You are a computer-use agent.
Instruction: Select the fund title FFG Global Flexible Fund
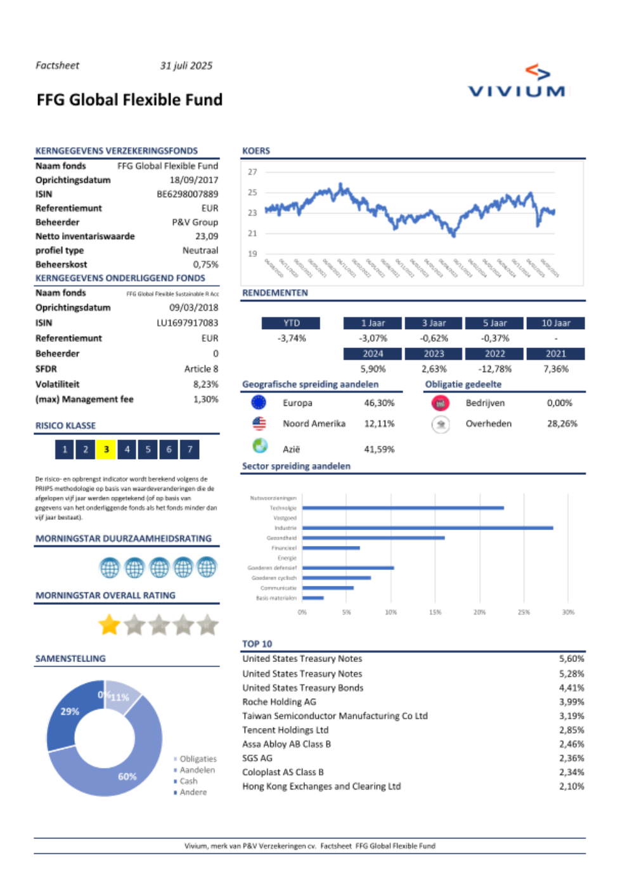click(129, 100)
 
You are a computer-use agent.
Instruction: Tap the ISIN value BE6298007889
click(187, 194)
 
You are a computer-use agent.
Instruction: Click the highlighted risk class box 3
click(106, 450)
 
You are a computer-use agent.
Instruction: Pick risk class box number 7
click(190, 450)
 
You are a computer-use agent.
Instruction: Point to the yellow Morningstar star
click(109, 625)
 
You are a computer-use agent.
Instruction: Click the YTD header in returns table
click(291, 323)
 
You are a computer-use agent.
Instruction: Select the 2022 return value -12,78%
click(495, 369)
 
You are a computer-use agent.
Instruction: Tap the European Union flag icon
click(259, 403)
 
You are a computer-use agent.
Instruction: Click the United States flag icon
click(259, 424)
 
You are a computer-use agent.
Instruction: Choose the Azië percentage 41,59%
click(378, 450)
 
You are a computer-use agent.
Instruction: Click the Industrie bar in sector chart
click(427, 528)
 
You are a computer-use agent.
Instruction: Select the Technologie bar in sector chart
click(403, 508)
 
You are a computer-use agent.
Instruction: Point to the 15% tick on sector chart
click(435, 613)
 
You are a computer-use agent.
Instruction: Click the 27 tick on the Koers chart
click(252, 172)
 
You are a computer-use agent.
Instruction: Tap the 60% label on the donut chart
click(127, 777)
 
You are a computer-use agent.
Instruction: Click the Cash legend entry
click(188, 781)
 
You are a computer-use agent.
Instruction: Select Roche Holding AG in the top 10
click(279, 702)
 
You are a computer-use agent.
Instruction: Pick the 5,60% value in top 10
click(571, 659)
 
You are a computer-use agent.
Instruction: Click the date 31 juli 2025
click(186, 66)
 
